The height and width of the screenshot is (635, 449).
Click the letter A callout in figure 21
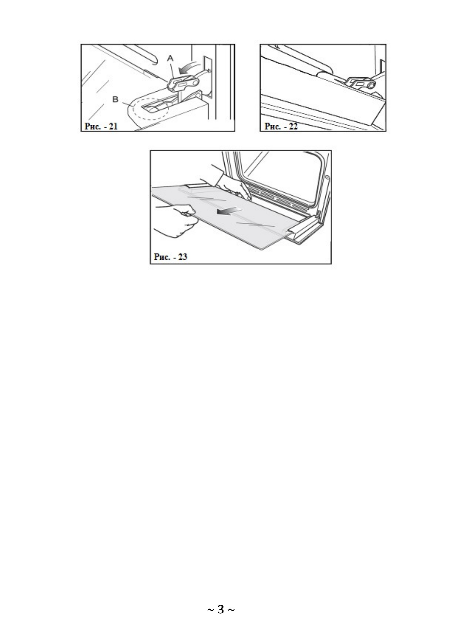[170, 58]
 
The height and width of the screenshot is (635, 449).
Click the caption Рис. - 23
[170, 257]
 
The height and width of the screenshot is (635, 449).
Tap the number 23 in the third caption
[182, 257]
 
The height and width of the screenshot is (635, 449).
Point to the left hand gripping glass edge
[177, 222]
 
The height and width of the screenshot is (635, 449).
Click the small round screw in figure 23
[327, 178]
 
